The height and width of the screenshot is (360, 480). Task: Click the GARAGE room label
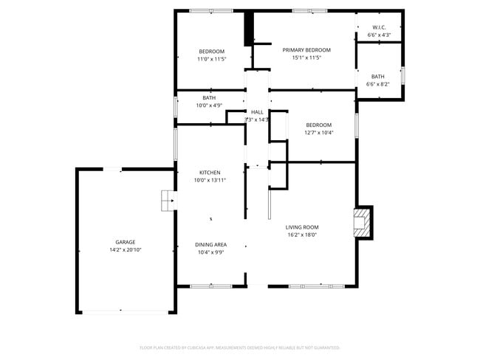pyautogui.click(x=125, y=242)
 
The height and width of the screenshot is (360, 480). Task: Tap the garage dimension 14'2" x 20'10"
pyautogui.click(x=125, y=250)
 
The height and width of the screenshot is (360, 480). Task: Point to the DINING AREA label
pyautogui.click(x=210, y=244)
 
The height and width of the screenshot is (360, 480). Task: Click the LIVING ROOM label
pyautogui.click(x=302, y=227)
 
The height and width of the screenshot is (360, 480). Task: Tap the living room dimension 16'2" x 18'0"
pyautogui.click(x=302, y=235)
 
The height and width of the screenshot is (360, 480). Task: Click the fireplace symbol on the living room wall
pyautogui.click(x=363, y=222)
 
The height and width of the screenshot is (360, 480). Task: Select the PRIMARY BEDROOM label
pyautogui.click(x=306, y=49)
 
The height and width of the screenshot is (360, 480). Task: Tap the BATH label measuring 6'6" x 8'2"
pyautogui.click(x=377, y=76)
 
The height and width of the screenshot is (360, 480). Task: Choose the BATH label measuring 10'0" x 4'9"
pyautogui.click(x=209, y=97)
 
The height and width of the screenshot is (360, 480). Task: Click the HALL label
pyautogui.click(x=257, y=111)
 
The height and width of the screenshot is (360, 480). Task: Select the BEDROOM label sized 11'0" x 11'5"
pyautogui.click(x=211, y=51)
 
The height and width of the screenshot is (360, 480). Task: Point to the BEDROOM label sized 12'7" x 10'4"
pyautogui.click(x=319, y=125)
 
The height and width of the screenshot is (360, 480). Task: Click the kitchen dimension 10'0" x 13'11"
pyautogui.click(x=210, y=180)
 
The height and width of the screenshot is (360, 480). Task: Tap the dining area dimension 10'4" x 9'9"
pyautogui.click(x=210, y=252)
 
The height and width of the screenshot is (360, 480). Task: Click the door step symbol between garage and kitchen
pyautogui.click(x=168, y=199)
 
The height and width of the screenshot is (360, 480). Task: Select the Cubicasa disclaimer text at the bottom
pyautogui.click(x=239, y=347)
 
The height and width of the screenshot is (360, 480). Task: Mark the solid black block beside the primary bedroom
pyautogui.click(x=249, y=29)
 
